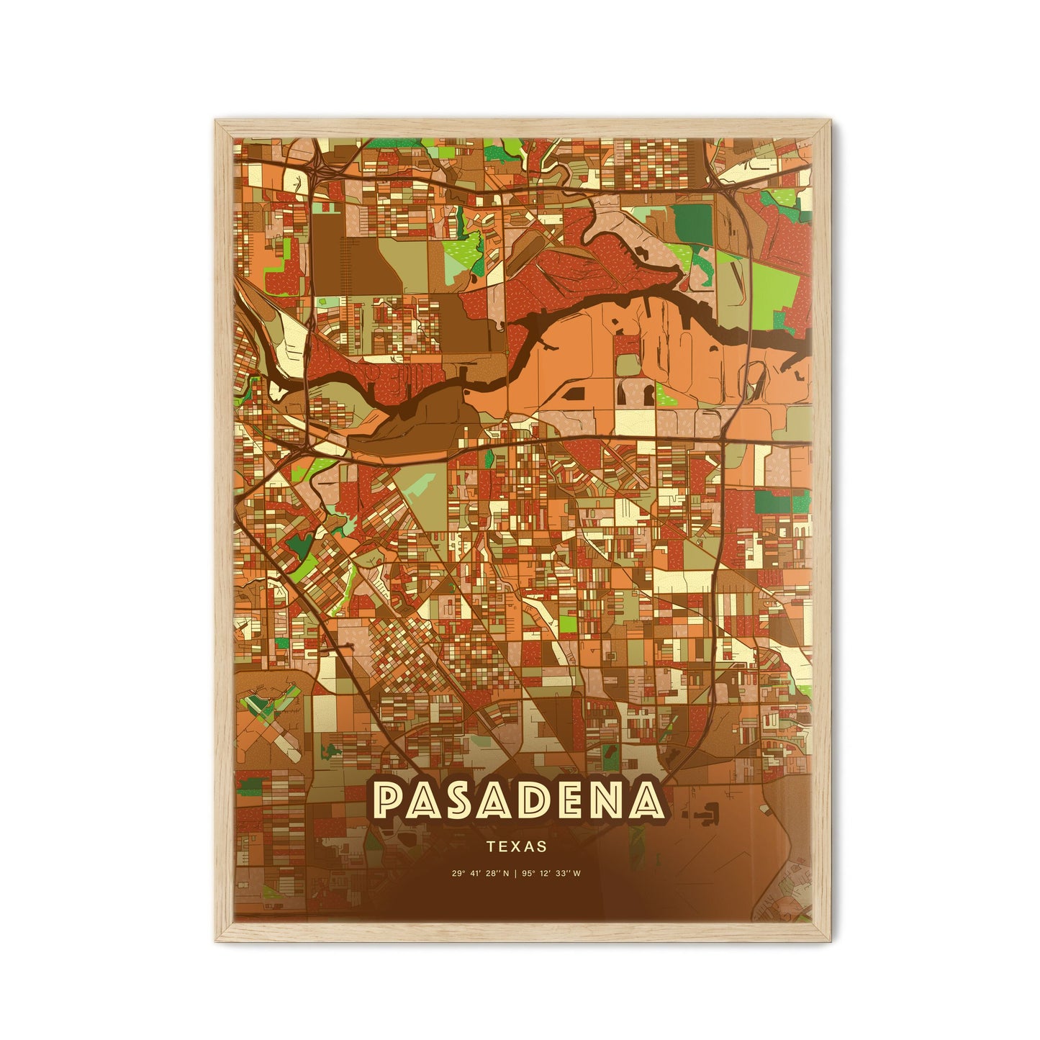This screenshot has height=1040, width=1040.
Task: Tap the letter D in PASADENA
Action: point(535,801)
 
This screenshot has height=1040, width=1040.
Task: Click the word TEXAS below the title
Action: point(516,847)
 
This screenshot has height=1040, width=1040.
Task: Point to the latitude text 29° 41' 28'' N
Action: point(480,874)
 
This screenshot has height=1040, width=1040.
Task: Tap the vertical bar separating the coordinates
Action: point(517,874)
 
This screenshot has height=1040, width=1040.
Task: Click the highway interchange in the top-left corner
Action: point(317,170)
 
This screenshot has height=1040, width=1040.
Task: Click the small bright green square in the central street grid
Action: point(568,622)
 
